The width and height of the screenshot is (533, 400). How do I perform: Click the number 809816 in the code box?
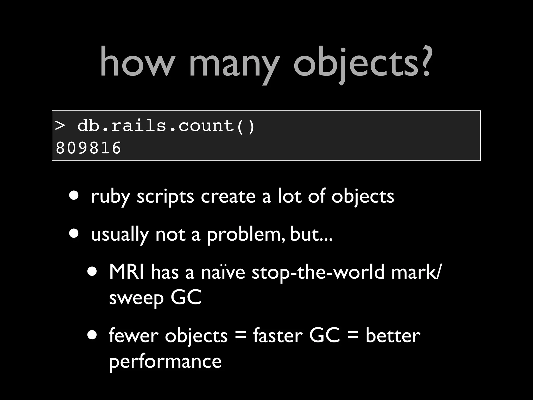[88, 148]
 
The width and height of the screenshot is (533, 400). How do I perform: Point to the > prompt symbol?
[60, 126]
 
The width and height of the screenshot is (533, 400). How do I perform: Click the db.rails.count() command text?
[166, 126]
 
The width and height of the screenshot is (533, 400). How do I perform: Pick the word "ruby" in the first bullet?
[110, 197]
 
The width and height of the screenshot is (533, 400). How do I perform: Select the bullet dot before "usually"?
[74, 233]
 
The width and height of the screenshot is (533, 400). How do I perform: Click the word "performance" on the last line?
[165, 362]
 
